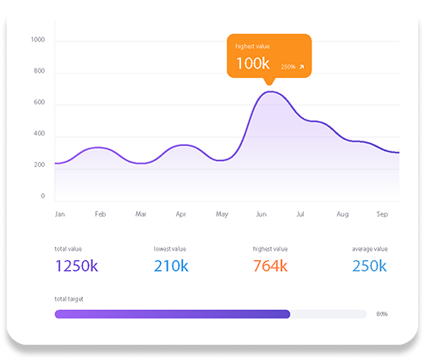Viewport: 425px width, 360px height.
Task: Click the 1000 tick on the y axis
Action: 38,40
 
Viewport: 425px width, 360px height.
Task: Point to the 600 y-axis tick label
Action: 39,102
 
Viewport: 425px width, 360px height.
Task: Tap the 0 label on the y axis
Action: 43,196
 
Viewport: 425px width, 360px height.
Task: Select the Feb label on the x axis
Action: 100,214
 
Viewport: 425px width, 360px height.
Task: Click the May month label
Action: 222,214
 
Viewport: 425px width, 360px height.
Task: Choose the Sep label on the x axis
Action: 382,214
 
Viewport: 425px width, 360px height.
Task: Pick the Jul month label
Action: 301,214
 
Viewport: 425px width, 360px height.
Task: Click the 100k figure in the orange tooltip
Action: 253,64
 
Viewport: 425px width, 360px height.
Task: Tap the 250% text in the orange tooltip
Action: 288,67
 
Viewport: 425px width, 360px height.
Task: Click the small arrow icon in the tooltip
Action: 301,67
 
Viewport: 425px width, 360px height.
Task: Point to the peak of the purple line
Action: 270,91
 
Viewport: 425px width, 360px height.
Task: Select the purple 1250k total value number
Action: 76,266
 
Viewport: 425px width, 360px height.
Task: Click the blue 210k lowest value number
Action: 171,266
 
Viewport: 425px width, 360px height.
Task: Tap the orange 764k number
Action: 270,266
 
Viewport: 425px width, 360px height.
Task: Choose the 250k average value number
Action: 369,266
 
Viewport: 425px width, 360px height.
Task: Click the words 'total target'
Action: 69,299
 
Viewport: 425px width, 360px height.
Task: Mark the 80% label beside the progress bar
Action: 382,314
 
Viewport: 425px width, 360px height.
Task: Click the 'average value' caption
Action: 370,249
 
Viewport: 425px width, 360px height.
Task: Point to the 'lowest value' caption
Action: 170,249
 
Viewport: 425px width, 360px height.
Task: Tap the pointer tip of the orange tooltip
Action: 269,85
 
